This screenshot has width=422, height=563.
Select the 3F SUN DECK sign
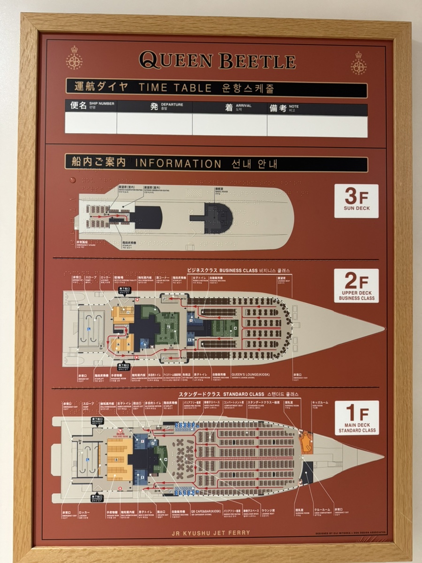point(356,201)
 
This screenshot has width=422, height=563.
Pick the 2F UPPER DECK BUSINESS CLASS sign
point(356,285)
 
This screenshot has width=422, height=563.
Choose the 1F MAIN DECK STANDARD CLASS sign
point(356,418)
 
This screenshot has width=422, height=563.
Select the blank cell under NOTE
point(317,125)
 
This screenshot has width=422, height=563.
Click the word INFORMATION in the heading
point(178,164)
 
